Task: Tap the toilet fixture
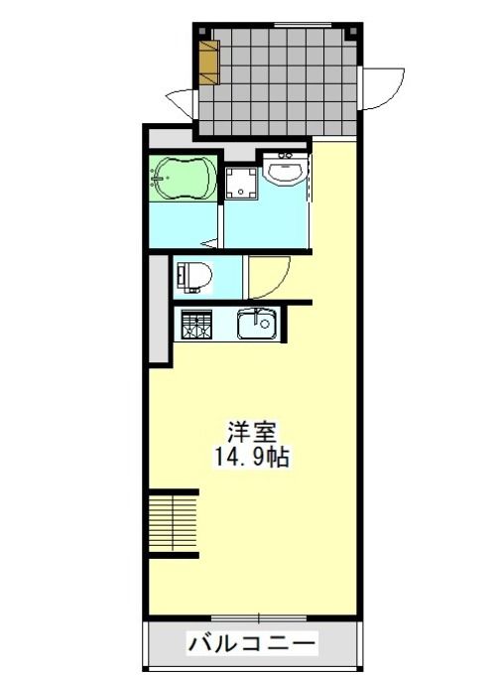pos(194,277)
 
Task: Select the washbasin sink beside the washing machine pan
pos(285,170)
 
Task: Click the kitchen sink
pos(256,325)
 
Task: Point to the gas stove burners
pos(196,325)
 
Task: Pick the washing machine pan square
pos(241,183)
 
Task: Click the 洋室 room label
pos(252,431)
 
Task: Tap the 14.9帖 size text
pos(252,457)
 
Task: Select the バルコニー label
pos(252,644)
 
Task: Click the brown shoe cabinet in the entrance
pos(209,62)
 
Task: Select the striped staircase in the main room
pos(174,523)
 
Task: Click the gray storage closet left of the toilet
pos(158,309)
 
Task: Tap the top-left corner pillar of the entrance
pos(202,32)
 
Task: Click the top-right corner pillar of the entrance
pos(353,32)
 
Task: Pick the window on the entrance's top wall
pos(303,25)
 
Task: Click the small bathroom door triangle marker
pos(211,243)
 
